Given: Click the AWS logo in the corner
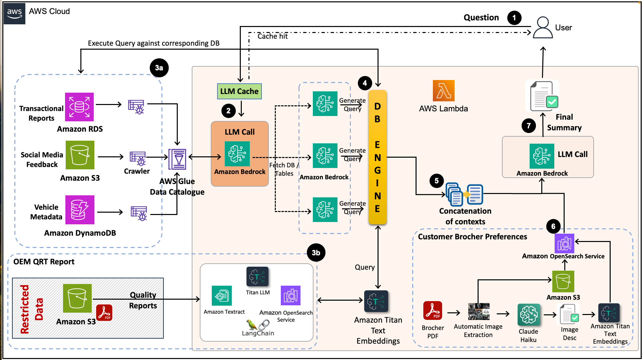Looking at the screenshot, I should click(x=14, y=13).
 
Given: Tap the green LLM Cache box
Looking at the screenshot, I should click(x=239, y=91).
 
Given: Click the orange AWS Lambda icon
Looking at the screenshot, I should click(x=444, y=91).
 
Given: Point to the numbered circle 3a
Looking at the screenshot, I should click(x=159, y=68).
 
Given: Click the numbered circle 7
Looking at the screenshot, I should click(x=529, y=126).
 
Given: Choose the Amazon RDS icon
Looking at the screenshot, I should click(x=79, y=107).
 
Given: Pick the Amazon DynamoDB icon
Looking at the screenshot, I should click(x=80, y=210).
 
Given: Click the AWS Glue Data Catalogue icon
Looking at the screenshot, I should click(x=177, y=159).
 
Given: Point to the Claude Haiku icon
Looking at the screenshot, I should click(x=529, y=314).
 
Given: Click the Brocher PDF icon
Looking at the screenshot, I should click(x=433, y=311).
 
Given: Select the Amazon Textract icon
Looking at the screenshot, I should click(x=222, y=296).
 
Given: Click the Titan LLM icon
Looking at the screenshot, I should click(x=257, y=277).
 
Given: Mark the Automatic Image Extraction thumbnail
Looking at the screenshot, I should click(x=479, y=312).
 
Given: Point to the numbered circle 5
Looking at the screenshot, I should click(x=437, y=181).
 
